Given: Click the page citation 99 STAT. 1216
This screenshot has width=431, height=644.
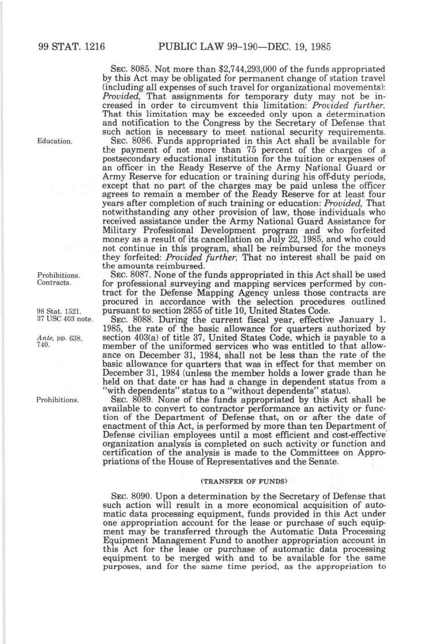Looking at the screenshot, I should [x=72, y=47].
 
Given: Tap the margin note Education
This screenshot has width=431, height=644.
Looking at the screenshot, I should [x=54, y=141].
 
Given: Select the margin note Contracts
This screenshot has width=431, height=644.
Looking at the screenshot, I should [x=53, y=282].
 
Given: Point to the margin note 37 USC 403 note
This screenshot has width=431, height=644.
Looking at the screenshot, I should [x=65, y=318].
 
